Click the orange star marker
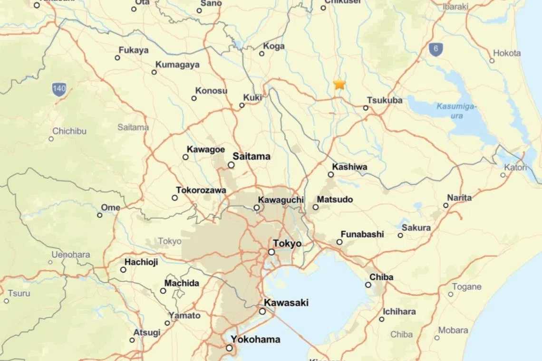coord(339,84)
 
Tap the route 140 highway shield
coord(59,89)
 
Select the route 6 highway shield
coord(436,49)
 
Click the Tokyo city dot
coord(271,252)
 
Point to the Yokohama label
coord(255,340)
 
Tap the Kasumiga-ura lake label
coord(456,111)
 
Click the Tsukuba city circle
coord(366,108)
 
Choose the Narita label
coord(459,198)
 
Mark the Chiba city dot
coord(368,285)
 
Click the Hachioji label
coord(141,262)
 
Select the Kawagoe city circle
coord(185,157)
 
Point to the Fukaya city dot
coord(117,58)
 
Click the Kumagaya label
coord(177,65)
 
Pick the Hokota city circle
coord(492,60)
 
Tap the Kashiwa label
coord(349,167)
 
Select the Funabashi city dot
coord(339,242)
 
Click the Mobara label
coord(453,330)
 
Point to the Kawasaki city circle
coord(262,312)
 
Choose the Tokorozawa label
coord(201,190)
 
